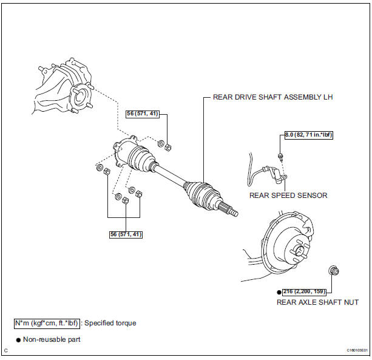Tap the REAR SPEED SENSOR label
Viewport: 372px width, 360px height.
point(288,195)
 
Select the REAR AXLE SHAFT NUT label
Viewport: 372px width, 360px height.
point(317,302)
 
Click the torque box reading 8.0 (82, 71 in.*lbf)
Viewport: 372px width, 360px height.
point(309,135)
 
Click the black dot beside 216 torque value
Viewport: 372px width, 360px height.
point(280,291)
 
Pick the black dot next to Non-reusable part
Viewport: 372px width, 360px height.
point(18,339)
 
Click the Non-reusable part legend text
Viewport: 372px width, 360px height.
point(52,339)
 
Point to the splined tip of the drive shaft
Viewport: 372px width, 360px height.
point(231,211)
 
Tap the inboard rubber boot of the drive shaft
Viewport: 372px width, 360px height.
point(144,159)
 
